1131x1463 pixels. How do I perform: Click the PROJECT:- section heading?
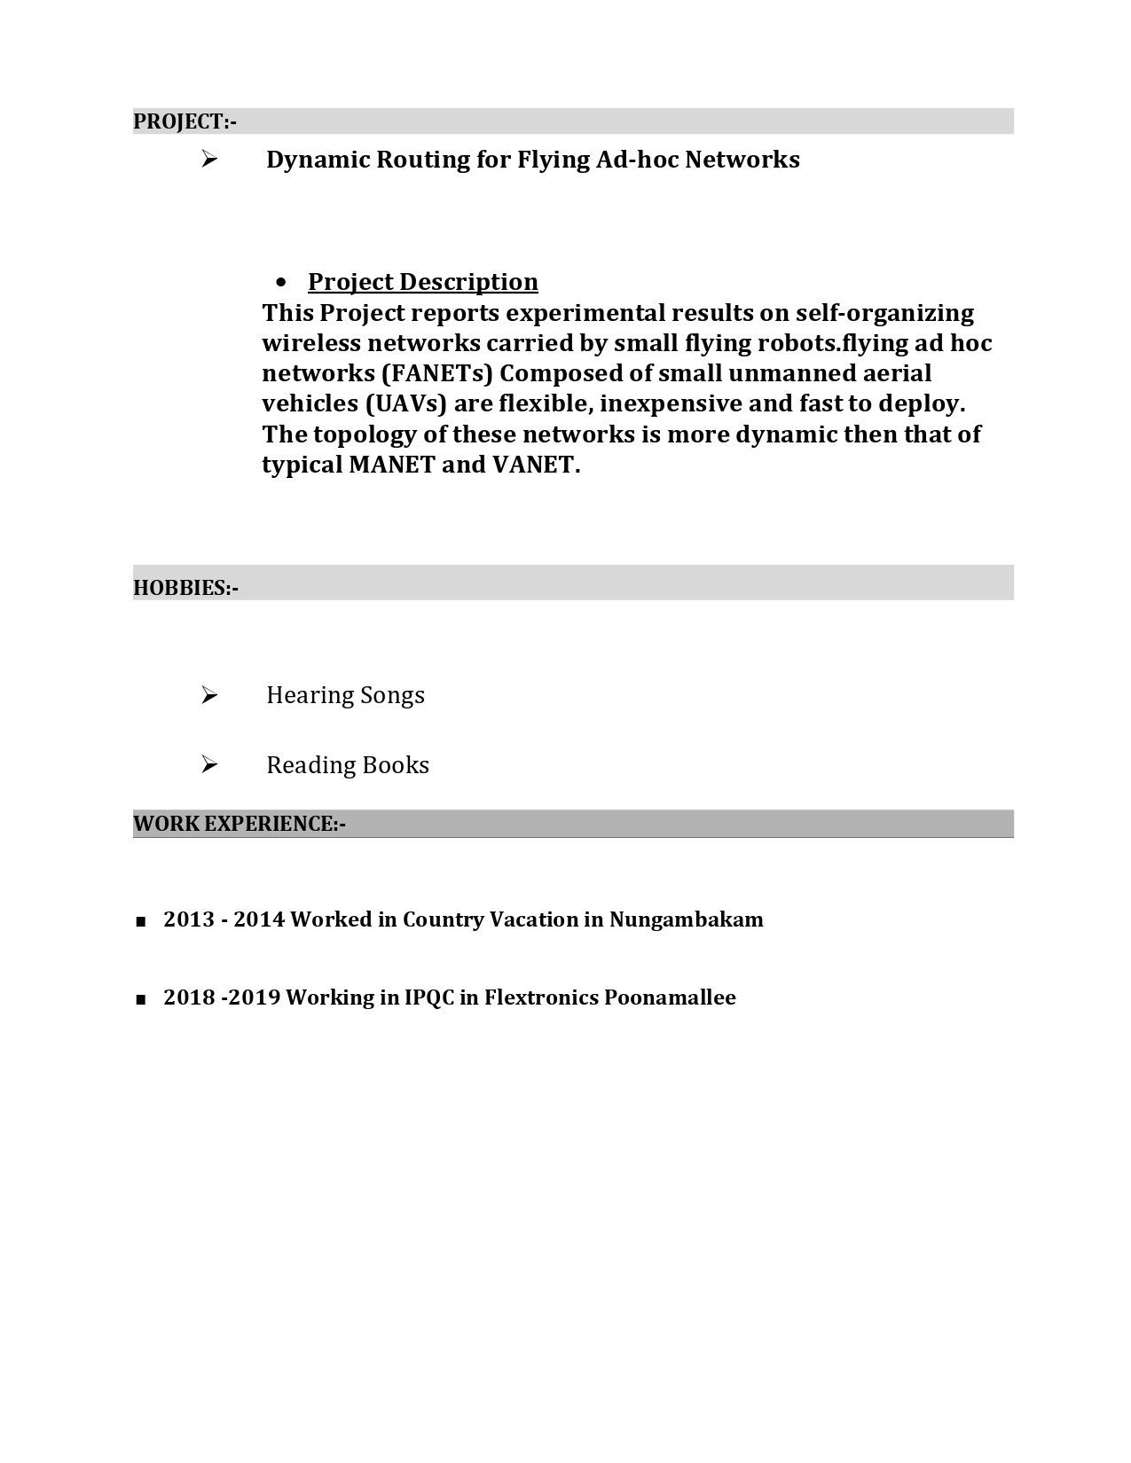click(x=185, y=121)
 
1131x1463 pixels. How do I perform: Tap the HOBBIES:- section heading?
click(x=185, y=588)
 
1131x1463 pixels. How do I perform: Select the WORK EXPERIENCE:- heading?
click(x=240, y=824)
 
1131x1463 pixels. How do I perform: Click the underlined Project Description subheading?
click(x=422, y=282)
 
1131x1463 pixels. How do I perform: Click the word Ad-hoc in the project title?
click(x=637, y=160)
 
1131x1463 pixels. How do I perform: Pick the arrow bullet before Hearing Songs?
click(x=209, y=695)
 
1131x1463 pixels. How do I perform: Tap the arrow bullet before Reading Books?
click(x=209, y=764)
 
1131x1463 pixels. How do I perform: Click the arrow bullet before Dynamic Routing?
click(x=209, y=160)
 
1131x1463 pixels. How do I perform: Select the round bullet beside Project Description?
click(x=282, y=283)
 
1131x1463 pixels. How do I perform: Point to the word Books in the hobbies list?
click(x=396, y=765)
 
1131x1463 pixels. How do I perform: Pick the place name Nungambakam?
click(x=686, y=919)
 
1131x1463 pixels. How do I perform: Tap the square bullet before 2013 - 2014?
click(x=141, y=922)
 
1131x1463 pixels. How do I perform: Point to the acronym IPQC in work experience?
click(x=428, y=997)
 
